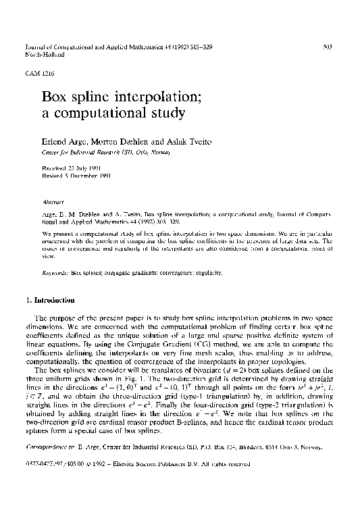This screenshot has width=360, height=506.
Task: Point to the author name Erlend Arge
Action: click(x=62, y=144)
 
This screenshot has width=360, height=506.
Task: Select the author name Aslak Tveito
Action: click(x=153, y=144)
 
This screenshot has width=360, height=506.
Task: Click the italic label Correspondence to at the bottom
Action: click(x=48, y=465)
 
